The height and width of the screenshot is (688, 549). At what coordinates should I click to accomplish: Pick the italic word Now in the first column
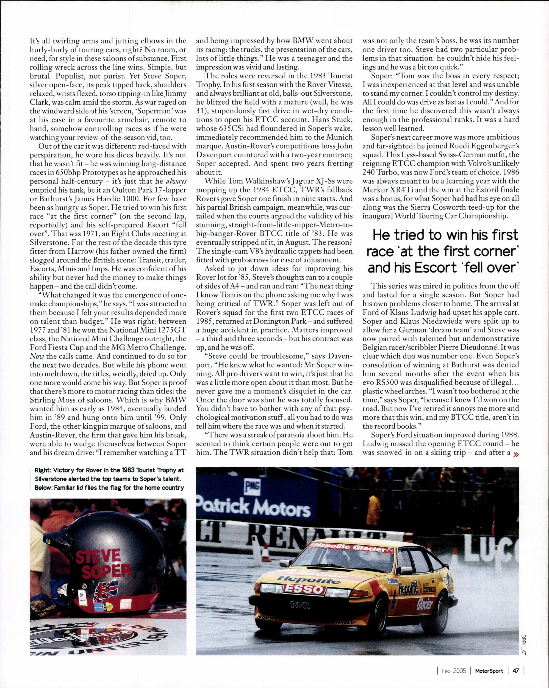point(35,356)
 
